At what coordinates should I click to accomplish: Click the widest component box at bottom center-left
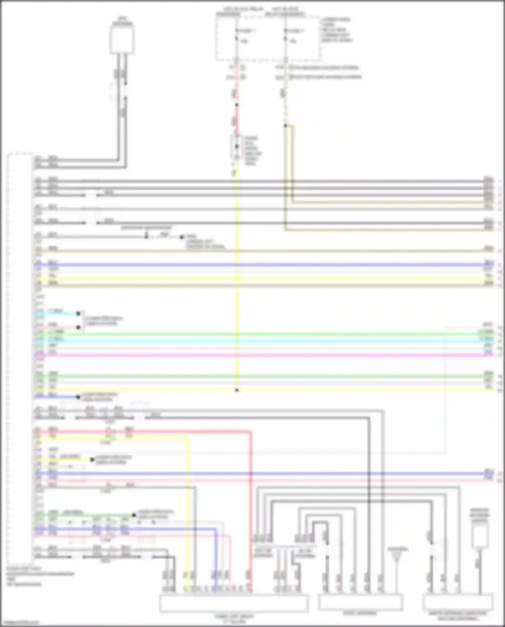[x=234, y=603]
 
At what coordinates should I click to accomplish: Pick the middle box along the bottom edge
[x=360, y=602]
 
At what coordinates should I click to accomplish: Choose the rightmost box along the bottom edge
[x=458, y=603]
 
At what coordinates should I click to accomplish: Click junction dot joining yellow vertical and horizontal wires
[x=237, y=390]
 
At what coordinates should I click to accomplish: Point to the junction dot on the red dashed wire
[x=237, y=105]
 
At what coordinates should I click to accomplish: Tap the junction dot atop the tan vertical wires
[x=285, y=126]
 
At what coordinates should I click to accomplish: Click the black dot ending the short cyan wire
[x=78, y=313]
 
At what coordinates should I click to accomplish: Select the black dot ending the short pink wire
[x=78, y=327]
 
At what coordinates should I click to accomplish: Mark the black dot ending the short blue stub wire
[x=78, y=397]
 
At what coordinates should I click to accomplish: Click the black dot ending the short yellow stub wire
[x=92, y=460]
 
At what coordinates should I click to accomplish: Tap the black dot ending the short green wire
[x=134, y=515]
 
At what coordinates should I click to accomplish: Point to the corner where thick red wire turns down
[x=250, y=432]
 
